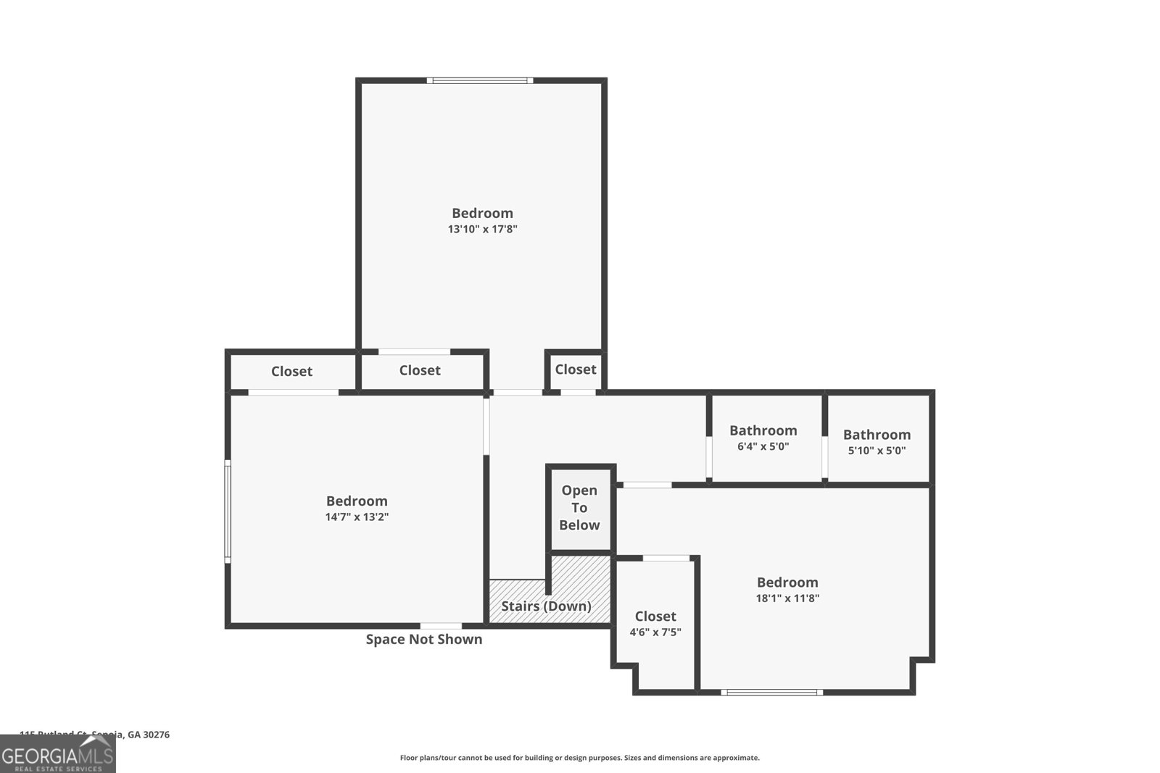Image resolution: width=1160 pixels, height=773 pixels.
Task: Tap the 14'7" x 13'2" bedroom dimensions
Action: [x=357, y=517]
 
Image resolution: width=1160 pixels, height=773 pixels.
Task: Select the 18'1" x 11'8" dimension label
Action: [x=787, y=598]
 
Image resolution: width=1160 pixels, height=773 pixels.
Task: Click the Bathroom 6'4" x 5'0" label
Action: [x=763, y=438]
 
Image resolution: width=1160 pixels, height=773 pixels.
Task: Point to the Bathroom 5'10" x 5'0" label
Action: [x=877, y=441]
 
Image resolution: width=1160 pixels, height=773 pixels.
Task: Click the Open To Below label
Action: [x=579, y=508]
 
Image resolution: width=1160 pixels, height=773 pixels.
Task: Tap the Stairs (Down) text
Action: [x=546, y=606]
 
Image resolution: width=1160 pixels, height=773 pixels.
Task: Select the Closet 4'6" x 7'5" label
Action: [x=655, y=623]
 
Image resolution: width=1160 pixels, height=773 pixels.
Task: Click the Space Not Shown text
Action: [x=423, y=640]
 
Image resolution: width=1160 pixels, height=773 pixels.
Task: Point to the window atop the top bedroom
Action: [x=479, y=80]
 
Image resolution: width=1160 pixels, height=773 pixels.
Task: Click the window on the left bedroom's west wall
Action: [x=228, y=511]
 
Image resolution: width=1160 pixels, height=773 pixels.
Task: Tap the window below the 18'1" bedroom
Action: [x=772, y=693]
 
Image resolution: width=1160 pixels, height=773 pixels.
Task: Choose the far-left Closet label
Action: [x=291, y=372]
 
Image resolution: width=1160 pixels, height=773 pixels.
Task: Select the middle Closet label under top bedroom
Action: [x=420, y=371]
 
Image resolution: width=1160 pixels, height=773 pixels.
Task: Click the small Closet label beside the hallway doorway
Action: [x=575, y=369]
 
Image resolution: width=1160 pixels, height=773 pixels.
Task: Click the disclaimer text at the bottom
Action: [x=579, y=758]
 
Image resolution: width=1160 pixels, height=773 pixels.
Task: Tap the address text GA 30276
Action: [x=148, y=735]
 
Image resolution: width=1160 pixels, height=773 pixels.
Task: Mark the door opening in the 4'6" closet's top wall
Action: [x=666, y=558]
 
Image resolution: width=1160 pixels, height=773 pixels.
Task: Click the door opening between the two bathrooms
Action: [x=825, y=457]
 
